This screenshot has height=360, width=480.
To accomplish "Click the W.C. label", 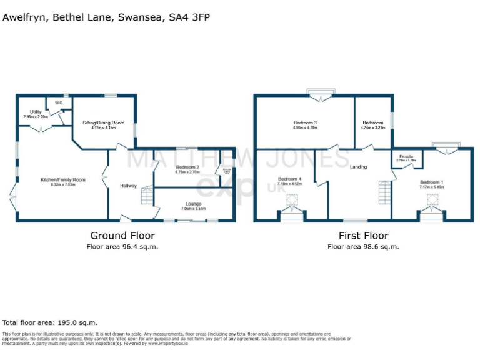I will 59,102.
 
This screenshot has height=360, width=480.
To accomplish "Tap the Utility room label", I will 36,112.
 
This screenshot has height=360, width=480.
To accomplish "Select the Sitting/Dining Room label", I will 104,123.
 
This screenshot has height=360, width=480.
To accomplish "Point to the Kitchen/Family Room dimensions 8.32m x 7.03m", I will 62,185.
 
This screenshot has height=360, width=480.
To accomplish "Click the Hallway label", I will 129,186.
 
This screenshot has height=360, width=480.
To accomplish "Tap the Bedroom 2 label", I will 187,167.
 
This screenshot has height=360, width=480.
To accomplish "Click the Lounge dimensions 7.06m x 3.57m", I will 193,209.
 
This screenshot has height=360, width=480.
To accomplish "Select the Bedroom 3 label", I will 306,122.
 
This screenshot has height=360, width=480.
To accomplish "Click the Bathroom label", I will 373,122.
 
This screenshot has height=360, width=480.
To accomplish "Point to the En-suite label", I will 406,156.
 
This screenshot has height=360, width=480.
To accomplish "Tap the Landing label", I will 358,167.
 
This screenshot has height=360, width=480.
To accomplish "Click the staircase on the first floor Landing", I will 384,192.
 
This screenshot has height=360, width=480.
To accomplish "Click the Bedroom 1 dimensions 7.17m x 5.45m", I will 431,187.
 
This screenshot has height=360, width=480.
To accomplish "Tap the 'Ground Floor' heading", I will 122,236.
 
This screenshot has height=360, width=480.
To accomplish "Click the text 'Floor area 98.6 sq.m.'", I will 363,246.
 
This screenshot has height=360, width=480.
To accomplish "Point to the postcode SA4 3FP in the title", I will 189,17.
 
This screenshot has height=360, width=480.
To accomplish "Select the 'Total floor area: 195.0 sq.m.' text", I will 50,322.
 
